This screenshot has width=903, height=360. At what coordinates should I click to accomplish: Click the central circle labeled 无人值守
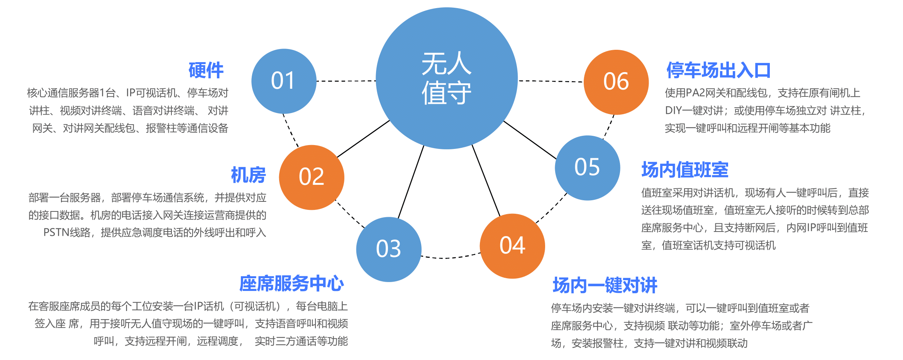click(447, 78)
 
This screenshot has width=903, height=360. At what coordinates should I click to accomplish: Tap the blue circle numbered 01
click(284, 81)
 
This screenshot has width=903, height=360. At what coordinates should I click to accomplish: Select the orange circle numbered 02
click(312, 177)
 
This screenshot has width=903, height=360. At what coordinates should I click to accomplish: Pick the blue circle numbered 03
click(389, 249)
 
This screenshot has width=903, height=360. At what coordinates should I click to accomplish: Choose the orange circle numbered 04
click(512, 246)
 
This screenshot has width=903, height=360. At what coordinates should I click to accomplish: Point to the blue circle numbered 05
click(588, 168)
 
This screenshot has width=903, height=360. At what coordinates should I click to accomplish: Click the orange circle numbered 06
click(616, 82)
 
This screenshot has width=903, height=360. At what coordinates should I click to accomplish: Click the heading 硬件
click(206, 70)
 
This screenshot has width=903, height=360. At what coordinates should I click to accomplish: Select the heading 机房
click(249, 175)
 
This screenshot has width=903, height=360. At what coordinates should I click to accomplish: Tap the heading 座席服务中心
click(291, 284)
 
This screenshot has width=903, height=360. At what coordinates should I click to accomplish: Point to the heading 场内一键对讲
click(605, 285)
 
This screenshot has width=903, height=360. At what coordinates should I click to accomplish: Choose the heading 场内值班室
click(685, 170)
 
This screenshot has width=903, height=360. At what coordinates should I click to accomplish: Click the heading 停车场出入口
click(718, 70)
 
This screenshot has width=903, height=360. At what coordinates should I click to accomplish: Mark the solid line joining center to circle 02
click(363, 139)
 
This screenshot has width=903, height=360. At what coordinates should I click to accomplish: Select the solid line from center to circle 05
click(530, 140)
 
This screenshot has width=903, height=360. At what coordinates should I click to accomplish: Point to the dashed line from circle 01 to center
click(346, 81)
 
